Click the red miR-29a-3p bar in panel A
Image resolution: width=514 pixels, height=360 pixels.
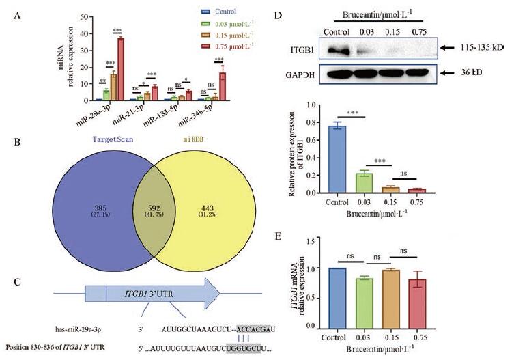point(120,69)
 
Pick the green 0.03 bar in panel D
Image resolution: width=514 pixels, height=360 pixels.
point(365,183)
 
